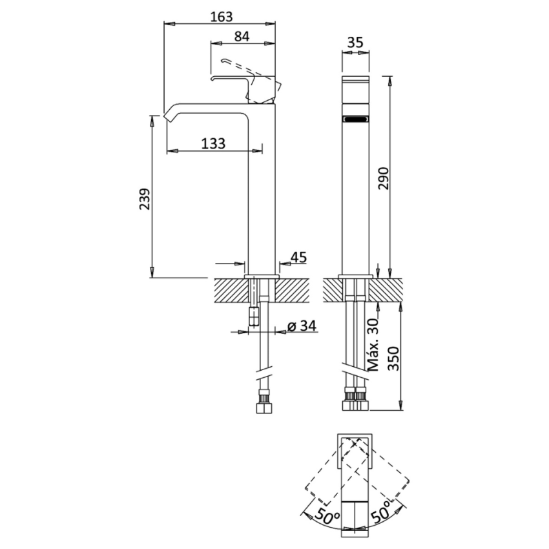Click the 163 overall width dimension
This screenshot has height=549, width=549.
pos(221,17)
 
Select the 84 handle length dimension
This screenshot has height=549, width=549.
pos(241,37)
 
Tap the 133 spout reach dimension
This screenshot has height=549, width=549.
pos(213,143)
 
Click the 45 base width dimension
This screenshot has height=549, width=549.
pos(298,257)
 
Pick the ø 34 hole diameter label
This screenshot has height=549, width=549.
pos(301,326)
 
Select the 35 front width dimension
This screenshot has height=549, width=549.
pos(355,43)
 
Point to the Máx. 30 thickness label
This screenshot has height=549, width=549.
pos(374,346)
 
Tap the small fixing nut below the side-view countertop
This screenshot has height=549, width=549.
pos(254,316)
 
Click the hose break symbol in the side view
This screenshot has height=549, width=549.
pos(264,375)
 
